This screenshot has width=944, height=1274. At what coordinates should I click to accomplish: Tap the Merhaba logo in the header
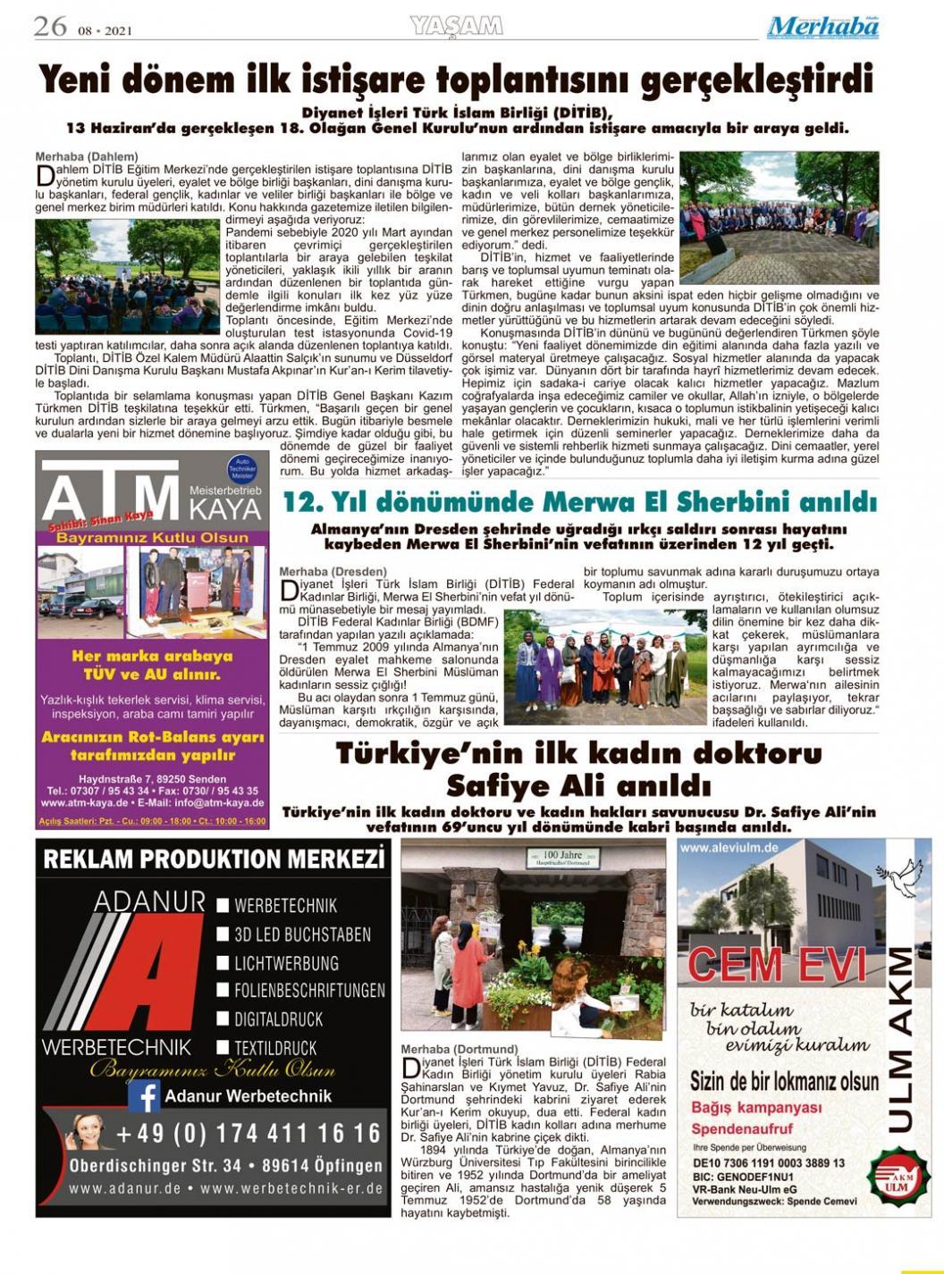pos(822,27)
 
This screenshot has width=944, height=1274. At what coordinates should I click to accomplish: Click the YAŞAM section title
pos(456,27)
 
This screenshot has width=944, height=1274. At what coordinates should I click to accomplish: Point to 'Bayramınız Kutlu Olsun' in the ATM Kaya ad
pos(152,538)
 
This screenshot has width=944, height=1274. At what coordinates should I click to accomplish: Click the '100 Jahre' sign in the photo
pos(561,857)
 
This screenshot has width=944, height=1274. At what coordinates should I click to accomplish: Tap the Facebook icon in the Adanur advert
pos(143,1095)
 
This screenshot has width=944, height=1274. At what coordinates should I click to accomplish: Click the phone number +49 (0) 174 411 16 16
pos(249,1134)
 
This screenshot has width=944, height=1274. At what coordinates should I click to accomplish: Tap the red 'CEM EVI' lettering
pos(778,965)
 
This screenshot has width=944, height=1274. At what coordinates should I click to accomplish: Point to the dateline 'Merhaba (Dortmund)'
pos(459,1049)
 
